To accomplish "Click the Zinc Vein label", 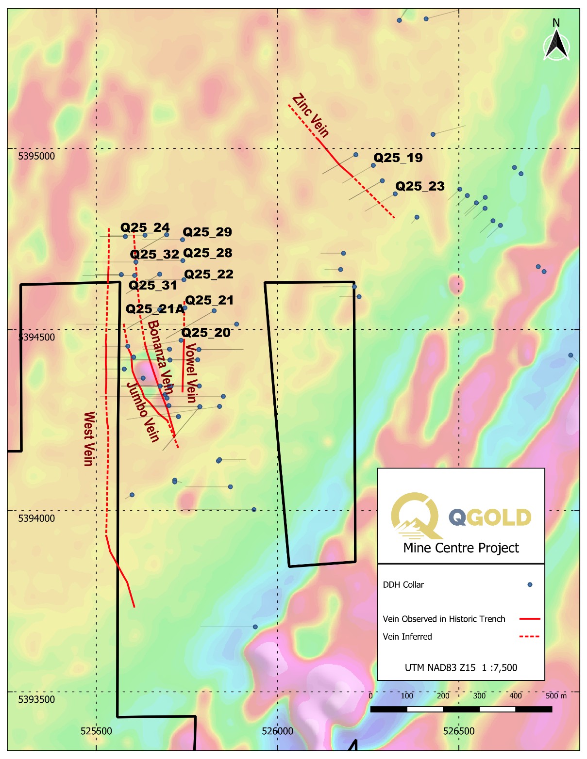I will coord(311,115).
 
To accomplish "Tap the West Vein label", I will coord(89,439).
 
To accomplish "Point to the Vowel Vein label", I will coord(191,373).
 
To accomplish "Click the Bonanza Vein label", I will coord(161,357).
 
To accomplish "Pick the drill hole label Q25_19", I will coord(398,158).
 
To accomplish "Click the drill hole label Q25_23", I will coord(419,186).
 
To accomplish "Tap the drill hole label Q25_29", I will coord(207,232).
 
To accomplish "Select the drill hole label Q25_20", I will coord(206,333).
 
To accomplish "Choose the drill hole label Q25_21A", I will coord(155,309).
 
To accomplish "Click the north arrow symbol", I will coord(556,43).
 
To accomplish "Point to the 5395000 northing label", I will coord(36,156).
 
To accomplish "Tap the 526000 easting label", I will coord(277,731).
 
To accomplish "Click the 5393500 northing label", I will coord(36,699).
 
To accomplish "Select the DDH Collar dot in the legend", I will coord(530,585).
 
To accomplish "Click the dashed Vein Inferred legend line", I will coord(529,636).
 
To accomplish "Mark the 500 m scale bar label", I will coord(556,696).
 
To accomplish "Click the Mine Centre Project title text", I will coord(461,548).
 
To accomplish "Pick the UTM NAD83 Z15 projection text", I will coord(440,667).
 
